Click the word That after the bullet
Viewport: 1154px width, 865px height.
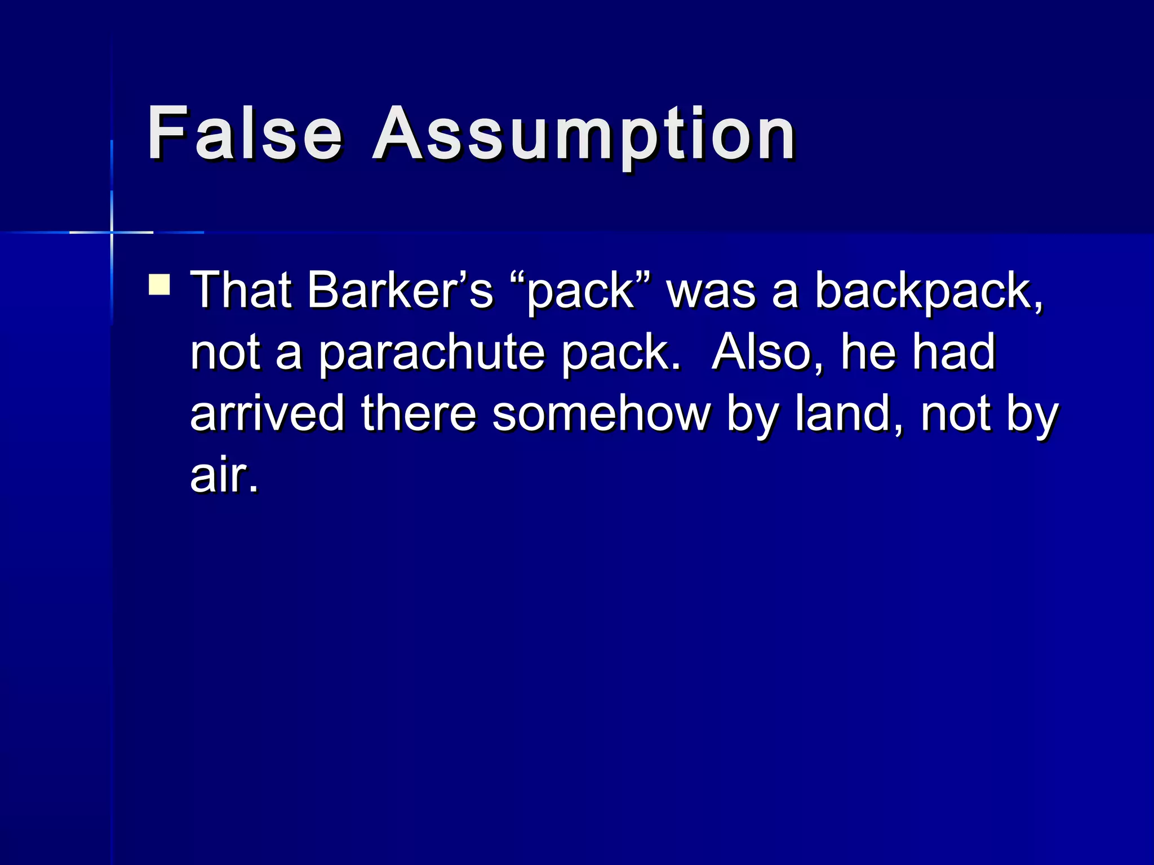click(241, 291)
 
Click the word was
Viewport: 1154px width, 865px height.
click(711, 292)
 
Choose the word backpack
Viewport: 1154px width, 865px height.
click(929, 292)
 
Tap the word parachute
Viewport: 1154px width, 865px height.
click(432, 353)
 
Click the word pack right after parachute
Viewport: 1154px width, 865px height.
click(620, 353)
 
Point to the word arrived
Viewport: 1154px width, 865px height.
click(267, 413)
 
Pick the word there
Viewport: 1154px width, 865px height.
click(419, 413)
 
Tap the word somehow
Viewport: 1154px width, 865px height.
click(601, 413)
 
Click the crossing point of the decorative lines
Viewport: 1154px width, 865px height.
click(112, 232)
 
